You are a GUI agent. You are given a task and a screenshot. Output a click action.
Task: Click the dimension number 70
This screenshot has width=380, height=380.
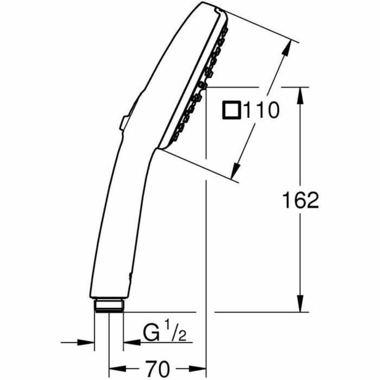pos(158,368)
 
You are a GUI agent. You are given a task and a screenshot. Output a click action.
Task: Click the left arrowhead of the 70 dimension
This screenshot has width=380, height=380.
pos(117,368)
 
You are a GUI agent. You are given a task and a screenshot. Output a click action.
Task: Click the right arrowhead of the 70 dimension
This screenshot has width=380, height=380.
pos(199,368)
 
